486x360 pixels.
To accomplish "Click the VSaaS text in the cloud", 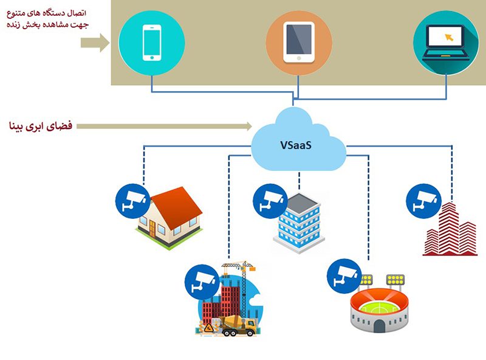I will click(298, 145).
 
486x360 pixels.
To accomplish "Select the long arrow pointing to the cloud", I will click(164, 126).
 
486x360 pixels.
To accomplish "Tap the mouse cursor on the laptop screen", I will click(450, 36).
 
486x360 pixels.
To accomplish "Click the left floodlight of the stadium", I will click(366, 280).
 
